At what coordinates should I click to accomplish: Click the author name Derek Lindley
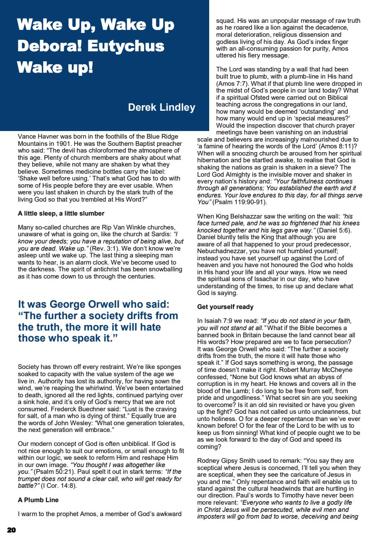[x=161, y=107]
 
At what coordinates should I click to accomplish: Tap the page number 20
[x=11, y=530]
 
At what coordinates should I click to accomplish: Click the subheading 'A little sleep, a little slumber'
[x=61, y=213]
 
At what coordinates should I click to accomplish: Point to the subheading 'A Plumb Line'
[x=38, y=500]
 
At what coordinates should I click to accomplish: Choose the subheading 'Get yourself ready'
[x=225, y=306]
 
